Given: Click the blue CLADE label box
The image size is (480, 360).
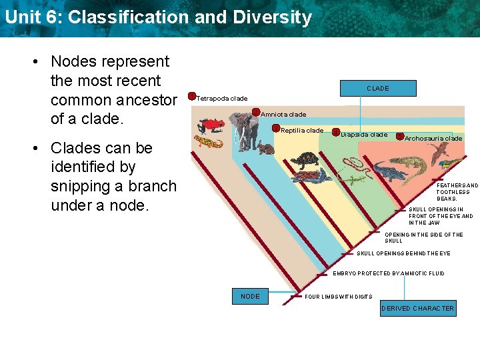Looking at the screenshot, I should pyautogui.click(x=378, y=88).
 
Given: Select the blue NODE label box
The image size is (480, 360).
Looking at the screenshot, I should pyautogui.click(x=250, y=296).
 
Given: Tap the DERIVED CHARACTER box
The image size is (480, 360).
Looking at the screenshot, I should pyautogui.click(x=417, y=308).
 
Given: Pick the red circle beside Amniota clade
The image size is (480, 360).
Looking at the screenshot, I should pyautogui.click(x=255, y=113).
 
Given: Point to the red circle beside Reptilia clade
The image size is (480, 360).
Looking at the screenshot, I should pyautogui.click(x=276, y=129).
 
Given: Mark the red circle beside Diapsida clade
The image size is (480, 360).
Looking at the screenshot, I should pyautogui.click(x=336, y=133).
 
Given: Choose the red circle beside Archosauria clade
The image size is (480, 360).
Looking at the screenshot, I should pyautogui.click(x=399, y=136).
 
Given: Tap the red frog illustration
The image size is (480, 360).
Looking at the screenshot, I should pyautogui.click(x=211, y=124).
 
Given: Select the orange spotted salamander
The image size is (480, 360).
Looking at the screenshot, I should pyautogui.click(x=208, y=143).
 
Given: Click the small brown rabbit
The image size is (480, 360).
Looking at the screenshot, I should pyautogui.click(x=265, y=148).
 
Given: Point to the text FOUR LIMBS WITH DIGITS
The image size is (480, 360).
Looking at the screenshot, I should pyautogui.click(x=338, y=297).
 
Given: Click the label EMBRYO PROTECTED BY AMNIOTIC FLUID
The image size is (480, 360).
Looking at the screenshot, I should pyautogui.click(x=388, y=273).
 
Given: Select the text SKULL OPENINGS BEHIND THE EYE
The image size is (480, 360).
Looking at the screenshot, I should pyautogui.click(x=403, y=253).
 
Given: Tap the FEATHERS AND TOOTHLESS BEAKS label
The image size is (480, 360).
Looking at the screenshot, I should pyautogui.click(x=457, y=192).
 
